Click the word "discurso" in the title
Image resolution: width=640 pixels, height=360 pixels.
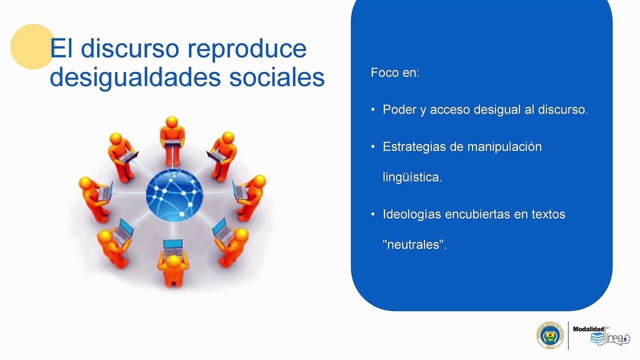[x=129, y=48]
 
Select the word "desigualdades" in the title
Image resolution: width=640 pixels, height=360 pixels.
[x=135, y=77]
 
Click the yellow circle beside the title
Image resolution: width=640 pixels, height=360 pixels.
[x=32, y=46]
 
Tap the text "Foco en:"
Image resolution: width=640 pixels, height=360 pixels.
[x=395, y=72]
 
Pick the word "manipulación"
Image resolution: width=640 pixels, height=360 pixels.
[x=504, y=147]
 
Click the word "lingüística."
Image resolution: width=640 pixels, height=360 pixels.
[x=412, y=177]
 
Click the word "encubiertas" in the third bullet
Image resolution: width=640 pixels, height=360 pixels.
[x=477, y=214]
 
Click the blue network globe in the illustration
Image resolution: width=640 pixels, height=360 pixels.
[x=174, y=195]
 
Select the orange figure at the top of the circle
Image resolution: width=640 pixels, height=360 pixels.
[x=172, y=141]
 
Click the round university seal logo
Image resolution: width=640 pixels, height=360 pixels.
[x=550, y=335]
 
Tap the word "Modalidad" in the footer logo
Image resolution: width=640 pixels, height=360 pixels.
[x=588, y=329]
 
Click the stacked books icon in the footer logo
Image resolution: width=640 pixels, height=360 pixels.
[x=597, y=338]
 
